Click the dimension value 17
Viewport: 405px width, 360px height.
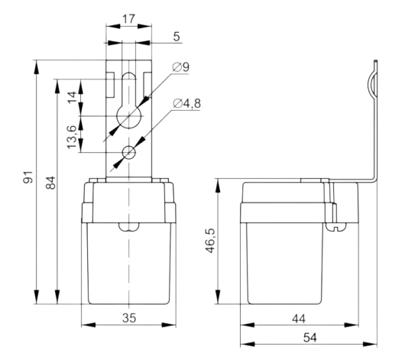point(128,19)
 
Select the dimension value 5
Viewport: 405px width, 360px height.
point(177,37)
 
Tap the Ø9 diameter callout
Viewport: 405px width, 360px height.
point(181,67)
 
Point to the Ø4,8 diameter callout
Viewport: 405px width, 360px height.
point(186,103)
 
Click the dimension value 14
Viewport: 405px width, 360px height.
point(72,97)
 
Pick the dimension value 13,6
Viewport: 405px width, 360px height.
point(72,137)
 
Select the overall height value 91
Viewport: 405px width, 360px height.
point(28,177)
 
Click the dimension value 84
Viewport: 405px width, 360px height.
point(50,183)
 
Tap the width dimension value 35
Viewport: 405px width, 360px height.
point(129,318)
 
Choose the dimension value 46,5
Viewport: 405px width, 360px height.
point(210,241)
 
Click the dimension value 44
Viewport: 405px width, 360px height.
point(299,319)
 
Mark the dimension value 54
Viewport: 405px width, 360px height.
point(309,338)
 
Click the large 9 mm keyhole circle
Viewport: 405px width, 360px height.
point(128,116)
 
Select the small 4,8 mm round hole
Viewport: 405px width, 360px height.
point(129,152)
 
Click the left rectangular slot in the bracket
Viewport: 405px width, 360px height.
point(110,85)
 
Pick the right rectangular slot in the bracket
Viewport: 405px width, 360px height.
point(147,85)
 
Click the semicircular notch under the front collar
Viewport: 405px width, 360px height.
point(129,227)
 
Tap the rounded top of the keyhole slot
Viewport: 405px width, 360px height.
point(128,75)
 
